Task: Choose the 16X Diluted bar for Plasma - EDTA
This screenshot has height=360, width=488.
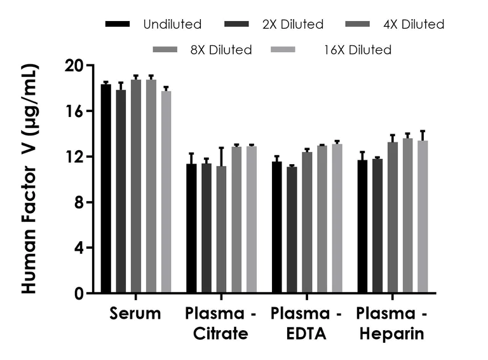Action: [337, 219]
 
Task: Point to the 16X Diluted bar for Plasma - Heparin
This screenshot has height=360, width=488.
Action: [423, 217]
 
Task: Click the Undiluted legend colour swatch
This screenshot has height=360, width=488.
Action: [118, 25]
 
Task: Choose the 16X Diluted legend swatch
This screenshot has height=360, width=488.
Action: [284, 50]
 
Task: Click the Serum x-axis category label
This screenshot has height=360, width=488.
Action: [135, 314]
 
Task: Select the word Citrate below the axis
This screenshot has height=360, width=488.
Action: [217, 333]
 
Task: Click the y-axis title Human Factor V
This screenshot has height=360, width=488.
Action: [30, 178]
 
